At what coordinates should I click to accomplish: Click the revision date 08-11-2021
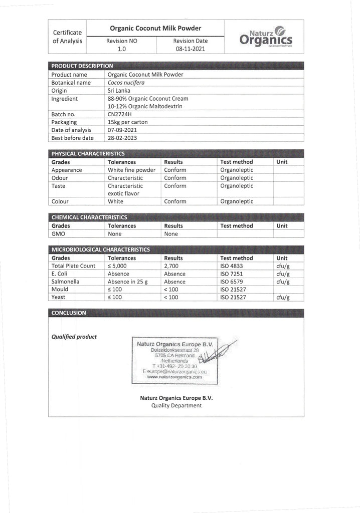click(190, 49)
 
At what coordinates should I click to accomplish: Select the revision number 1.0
click(122, 49)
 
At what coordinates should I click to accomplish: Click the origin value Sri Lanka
click(119, 91)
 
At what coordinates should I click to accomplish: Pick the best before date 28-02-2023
click(123, 138)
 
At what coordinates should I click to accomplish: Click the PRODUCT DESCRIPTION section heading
click(82, 66)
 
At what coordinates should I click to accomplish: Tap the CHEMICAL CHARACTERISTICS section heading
click(89, 217)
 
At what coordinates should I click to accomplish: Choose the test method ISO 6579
click(231, 282)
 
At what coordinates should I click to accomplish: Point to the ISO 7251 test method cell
click(231, 274)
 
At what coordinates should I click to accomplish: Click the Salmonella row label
click(65, 282)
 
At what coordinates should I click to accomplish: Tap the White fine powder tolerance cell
click(132, 170)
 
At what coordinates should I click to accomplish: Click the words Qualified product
click(74, 337)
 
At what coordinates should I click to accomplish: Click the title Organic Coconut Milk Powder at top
click(155, 29)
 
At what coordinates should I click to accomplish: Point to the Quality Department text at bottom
click(176, 405)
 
